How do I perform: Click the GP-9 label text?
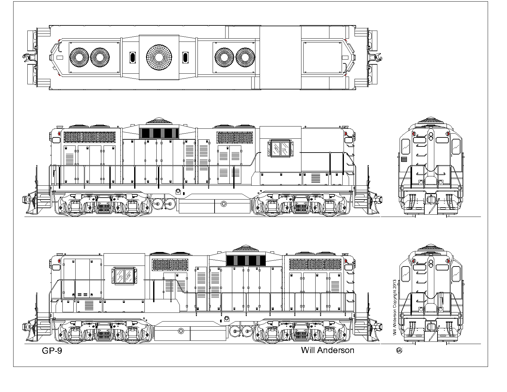click(52, 351)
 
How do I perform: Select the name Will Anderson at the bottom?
click(327, 350)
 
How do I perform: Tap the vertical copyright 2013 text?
click(394, 308)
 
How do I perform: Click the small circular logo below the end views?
click(399, 350)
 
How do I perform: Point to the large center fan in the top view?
click(159, 57)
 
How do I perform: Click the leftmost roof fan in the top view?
click(79, 57)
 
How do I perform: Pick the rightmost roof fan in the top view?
click(245, 57)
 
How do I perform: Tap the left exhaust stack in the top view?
click(133, 57)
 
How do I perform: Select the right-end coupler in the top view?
click(375, 57)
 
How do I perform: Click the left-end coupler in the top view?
click(29, 57)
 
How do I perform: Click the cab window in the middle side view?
click(281, 149)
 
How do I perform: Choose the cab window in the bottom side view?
click(124, 276)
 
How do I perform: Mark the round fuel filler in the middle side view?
click(224, 204)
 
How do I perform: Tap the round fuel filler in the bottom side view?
click(181, 331)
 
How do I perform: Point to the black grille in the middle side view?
click(159, 133)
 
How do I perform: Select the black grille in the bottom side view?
click(246, 261)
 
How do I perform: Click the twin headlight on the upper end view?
click(430, 136)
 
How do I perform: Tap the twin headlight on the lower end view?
click(430, 264)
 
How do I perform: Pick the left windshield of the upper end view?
click(406, 146)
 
